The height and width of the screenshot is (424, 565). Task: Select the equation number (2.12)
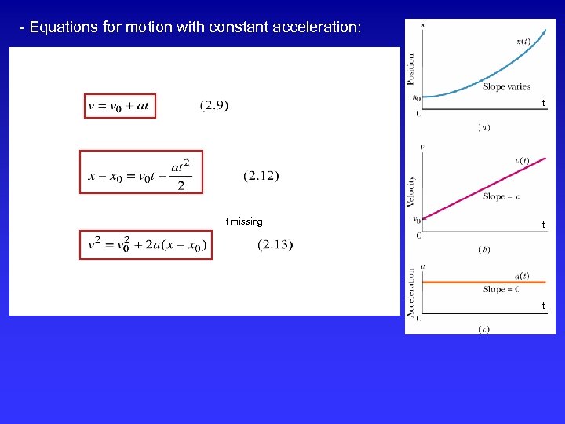[x=261, y=175]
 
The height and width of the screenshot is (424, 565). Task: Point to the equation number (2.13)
[x=275, y=245]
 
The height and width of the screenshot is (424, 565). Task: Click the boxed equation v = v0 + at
[x=120, y=106]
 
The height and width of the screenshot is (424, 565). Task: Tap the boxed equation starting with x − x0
[x=141, y=172]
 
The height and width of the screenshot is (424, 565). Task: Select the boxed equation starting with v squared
[x=146, y=245]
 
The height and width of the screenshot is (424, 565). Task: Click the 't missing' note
[x=244, y=221]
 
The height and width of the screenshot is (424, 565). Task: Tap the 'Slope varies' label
[x=506, y=86]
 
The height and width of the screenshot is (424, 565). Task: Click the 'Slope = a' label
[x=501, y=196]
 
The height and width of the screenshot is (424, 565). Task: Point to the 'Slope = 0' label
[x=501, y=289]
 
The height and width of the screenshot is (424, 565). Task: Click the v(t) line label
[x=522, y=160]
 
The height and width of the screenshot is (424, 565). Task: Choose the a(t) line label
[x=522, y=276]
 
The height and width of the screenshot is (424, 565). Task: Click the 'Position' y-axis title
[x=412, y=68]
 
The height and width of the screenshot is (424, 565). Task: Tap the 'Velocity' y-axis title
[x=412, y=191]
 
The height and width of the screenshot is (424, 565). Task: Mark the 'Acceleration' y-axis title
[x=412, y=292]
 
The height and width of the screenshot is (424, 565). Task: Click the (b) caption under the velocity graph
[x=483, y=249]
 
